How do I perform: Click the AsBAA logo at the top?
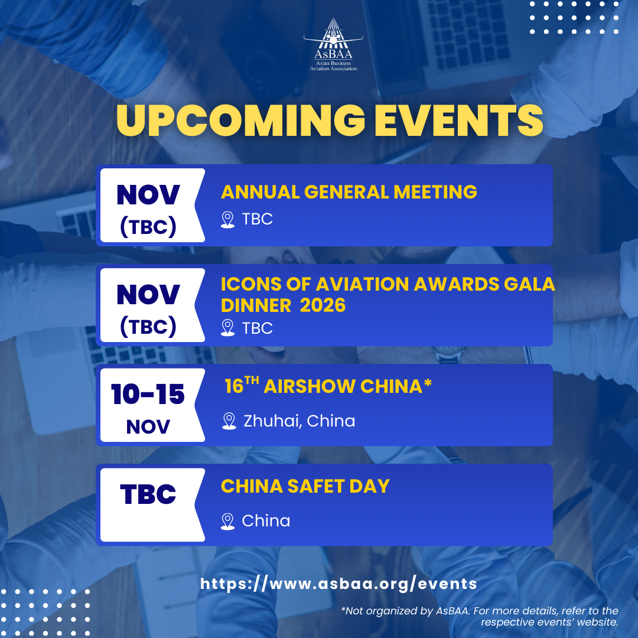click(333, 45)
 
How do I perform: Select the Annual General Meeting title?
click(349, 191)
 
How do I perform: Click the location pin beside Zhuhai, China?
click(229, 421)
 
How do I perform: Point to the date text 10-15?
click(148, 394)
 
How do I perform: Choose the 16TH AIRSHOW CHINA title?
click(328, 386)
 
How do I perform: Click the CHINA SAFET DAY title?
click(305, 486)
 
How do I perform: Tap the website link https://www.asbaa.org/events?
click(338, 584)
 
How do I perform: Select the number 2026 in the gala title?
click(323, 305)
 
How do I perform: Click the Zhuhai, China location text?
click(299, 421)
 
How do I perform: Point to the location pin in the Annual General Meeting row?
click(227, 219)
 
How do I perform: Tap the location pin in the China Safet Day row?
click(227, 521)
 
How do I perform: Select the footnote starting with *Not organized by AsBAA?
click(479, 616)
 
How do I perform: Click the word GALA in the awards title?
click(529, 284)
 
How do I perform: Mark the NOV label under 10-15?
click(148, 427)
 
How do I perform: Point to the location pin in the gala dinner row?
click(227, 327)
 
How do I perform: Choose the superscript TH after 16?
click(252, 380)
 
